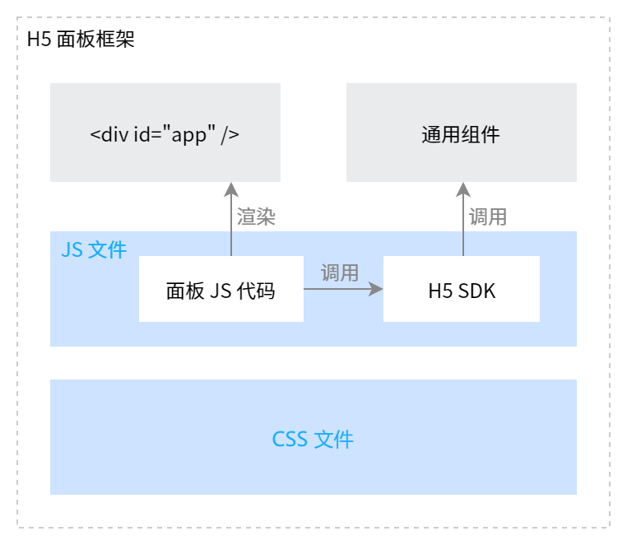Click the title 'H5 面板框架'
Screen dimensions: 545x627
point(81,40)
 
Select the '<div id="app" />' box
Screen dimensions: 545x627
point(165,133)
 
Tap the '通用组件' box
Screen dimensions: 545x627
point(461,133)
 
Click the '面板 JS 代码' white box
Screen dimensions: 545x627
point(221,289)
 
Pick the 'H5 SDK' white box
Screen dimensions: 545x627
point(462,289)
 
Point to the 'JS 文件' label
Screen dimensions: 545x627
point(94,249)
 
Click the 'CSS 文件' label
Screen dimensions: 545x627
point(313,439)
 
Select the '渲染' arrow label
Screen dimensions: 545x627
point(256,217)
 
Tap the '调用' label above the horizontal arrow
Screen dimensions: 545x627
point(340,272)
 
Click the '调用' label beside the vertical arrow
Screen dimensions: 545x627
point(488,217)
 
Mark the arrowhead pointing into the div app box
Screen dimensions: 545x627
point(231,189)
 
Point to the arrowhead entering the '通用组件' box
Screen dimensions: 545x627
point(462,189)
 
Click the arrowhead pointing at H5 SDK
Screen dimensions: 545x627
point(377,289)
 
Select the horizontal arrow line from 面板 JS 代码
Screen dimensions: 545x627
point(337,289)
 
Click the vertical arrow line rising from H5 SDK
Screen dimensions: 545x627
point(462,226)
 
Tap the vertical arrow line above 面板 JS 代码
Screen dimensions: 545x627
point(231,226)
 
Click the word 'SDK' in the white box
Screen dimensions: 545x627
point(477,290)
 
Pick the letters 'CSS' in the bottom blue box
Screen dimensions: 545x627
point(290,440)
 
